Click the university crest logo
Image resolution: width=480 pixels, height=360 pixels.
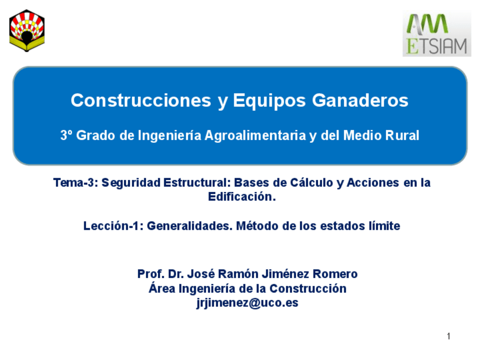27,31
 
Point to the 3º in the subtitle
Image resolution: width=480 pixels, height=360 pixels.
67,136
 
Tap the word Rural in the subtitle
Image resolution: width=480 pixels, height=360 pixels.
402,136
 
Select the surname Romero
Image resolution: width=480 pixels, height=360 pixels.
336,275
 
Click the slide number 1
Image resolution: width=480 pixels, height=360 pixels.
448,337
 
